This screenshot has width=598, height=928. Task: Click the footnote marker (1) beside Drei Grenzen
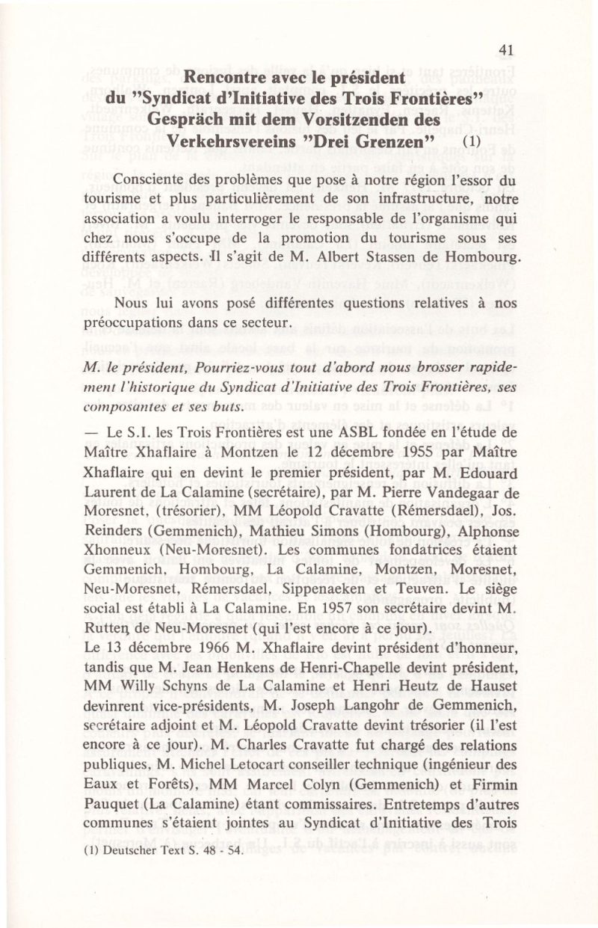pos(473,142)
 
